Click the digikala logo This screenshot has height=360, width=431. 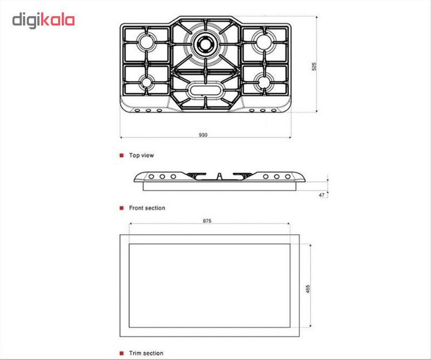[x=44, y=21]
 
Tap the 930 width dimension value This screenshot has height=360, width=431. [x=203, y=135]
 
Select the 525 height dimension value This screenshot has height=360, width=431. [x=314, y=67]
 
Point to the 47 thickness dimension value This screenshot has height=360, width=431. [x=322, y=195]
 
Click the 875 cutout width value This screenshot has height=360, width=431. [x=207, y=221]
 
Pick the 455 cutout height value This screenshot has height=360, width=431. [x=307, y=289]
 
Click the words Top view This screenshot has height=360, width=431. [x=141, y=155]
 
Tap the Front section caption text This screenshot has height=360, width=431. [x=147, y=208]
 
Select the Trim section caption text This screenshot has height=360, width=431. [x=146, y=353]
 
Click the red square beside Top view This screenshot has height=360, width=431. [x=121, y=156]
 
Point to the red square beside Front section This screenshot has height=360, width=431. [x=121, y=208]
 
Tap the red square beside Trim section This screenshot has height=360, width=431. [x=121, y=353]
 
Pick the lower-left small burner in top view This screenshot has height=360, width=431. [x=147, y=82]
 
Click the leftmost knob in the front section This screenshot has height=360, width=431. [x=151, y=177]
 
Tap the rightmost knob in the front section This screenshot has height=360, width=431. [x=287, y=177]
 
